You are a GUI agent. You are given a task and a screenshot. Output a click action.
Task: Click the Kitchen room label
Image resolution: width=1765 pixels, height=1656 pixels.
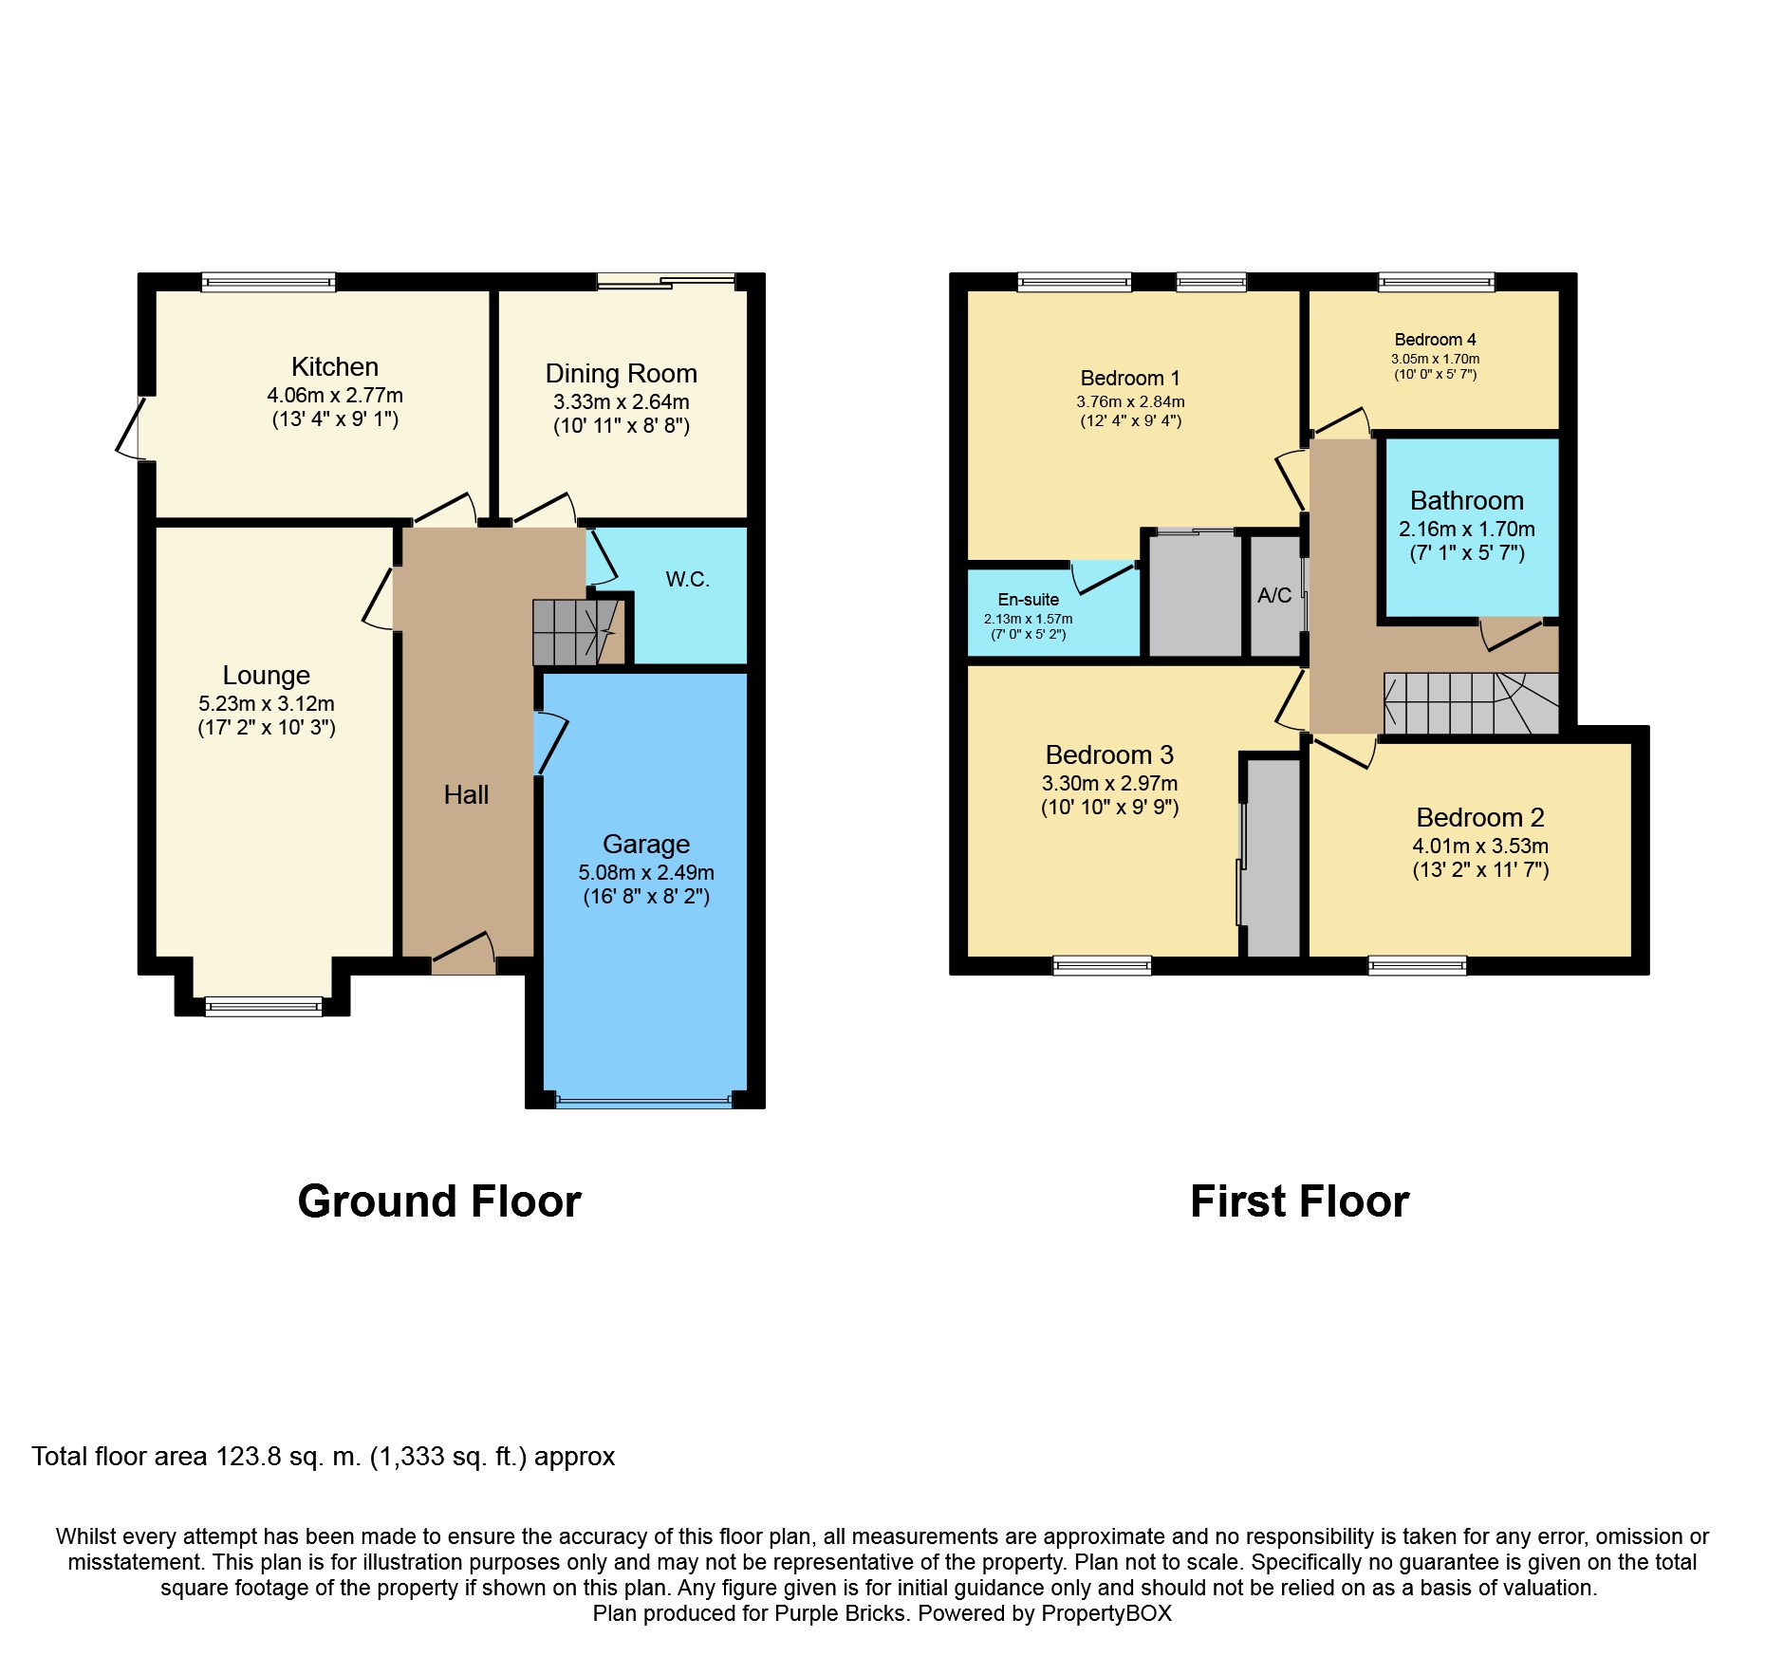pyautogui.click(x=335, y=366)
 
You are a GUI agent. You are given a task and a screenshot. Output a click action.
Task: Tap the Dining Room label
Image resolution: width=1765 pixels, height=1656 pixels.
pyautogui.click(x=622, y=373)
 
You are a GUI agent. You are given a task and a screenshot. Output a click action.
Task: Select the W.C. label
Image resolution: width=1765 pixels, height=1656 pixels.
pyautogui.click(x=688, y=579)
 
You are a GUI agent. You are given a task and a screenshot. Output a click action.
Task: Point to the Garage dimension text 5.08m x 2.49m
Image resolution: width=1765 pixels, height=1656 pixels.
pyautogui.click(x=646, y=872)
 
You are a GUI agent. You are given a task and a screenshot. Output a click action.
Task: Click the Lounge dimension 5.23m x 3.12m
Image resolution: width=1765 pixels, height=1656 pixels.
pyautogui.click(x=267, y=703)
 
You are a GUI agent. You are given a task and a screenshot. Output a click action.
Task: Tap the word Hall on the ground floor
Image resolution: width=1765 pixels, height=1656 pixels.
pyautogui.click(x=466, y=794)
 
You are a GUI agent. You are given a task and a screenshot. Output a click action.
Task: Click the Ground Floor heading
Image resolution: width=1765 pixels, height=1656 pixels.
pyautogui.click(x=439, y=1201)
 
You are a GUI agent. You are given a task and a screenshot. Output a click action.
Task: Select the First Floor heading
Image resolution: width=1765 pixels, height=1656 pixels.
pyautogui.click(x=1300, y=1201)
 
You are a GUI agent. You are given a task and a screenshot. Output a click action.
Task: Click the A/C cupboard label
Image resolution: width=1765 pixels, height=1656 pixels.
pyautogui.click(x=1274, y=595)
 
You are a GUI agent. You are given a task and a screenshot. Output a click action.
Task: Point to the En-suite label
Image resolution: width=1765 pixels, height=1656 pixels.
pyautogui.click(x=1029, y=599)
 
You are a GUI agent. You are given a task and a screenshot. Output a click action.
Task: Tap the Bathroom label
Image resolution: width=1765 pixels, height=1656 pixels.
pyautogui.click(x=1467, y=500)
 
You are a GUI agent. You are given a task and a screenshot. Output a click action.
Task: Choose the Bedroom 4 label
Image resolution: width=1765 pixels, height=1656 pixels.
pyautogui.click(x=1436, y=339)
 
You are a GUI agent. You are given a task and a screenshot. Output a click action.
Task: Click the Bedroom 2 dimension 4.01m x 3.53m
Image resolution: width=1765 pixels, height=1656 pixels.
pyautogui.click(x=1480, y=846)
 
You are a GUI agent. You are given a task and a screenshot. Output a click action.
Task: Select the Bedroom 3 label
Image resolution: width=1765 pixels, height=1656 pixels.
pyautogui.click(x=1109, y=754)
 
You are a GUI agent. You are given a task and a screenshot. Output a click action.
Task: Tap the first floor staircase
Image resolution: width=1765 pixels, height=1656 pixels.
pyautogui.click(x=1471, y=703)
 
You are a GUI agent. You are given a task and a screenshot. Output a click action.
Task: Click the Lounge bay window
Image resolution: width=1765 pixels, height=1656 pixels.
pyautogui.click(x=264, y=1006)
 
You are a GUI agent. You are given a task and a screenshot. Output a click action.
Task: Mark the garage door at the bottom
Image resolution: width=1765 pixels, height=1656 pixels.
pyautogui.click(x=644, y=1102)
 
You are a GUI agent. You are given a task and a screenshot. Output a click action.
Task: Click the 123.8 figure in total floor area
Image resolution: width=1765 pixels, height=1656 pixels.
pyautogui.click(x=249, y=1457)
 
